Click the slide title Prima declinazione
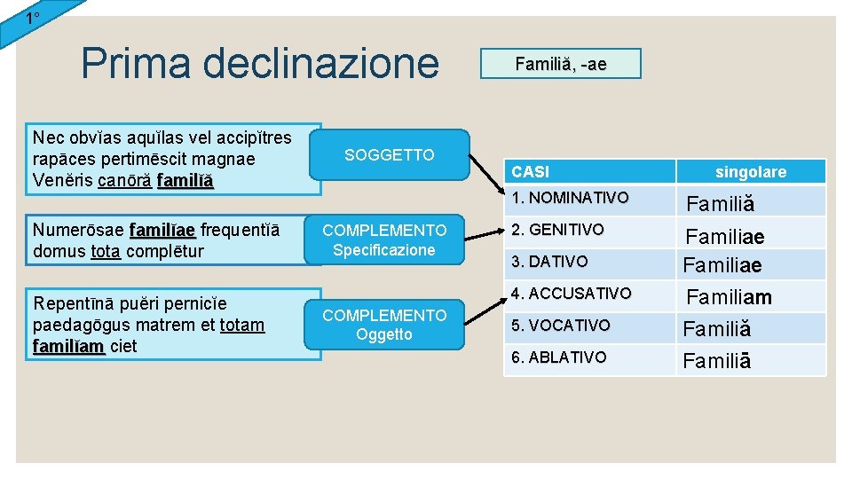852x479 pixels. tap(259, 64)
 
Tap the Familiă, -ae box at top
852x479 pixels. tap(560, 64)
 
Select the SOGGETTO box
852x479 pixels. tap(389, 155)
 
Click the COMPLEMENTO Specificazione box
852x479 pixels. tap(384, 239)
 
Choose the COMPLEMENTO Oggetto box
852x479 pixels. tap(384, 325)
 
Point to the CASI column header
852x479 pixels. tap(531, 172)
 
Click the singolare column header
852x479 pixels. tap(751, 172)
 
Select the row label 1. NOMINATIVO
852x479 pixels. tap(570, 197)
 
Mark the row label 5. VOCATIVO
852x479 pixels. tap(560, 326)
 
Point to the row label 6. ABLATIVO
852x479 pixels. tap(559, 357)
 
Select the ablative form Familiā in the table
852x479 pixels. tap(717, 361)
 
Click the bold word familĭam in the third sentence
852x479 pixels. tap(68, 346)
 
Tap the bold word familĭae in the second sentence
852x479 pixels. tap(162, 232)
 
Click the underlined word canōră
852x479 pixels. tap(125, 181)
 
